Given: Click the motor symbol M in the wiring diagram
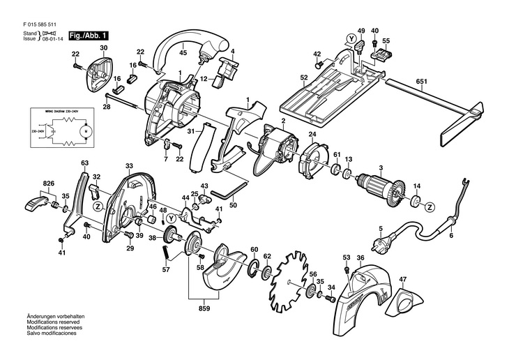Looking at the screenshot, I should point(85,130).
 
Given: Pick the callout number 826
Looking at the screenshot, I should point(48,183).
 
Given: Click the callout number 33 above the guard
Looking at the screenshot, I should point(129,166).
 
